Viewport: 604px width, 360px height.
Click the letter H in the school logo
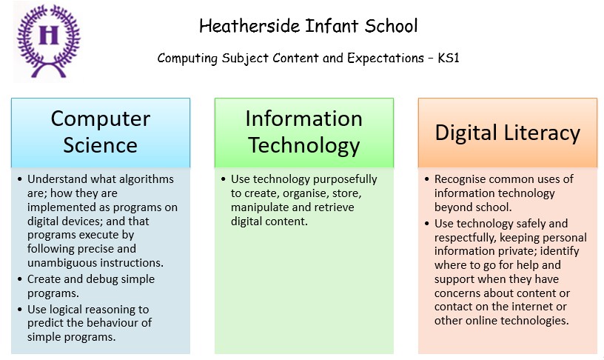point(49,35)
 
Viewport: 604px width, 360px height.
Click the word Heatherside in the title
point(249,26)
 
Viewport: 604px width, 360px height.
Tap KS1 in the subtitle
point(449,59)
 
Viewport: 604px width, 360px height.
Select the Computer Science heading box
point(101,133)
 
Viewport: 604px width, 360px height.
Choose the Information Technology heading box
point(304,133)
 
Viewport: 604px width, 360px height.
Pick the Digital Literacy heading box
point(508,133)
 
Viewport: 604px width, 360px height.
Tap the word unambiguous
point(59,263)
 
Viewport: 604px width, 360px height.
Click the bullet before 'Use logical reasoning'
point(20,310)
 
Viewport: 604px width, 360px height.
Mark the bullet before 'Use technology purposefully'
point(224,179)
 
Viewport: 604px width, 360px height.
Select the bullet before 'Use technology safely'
point(427,224)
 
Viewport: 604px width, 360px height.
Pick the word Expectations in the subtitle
point(386,59)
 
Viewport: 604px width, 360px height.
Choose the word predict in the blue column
point(45,323)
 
